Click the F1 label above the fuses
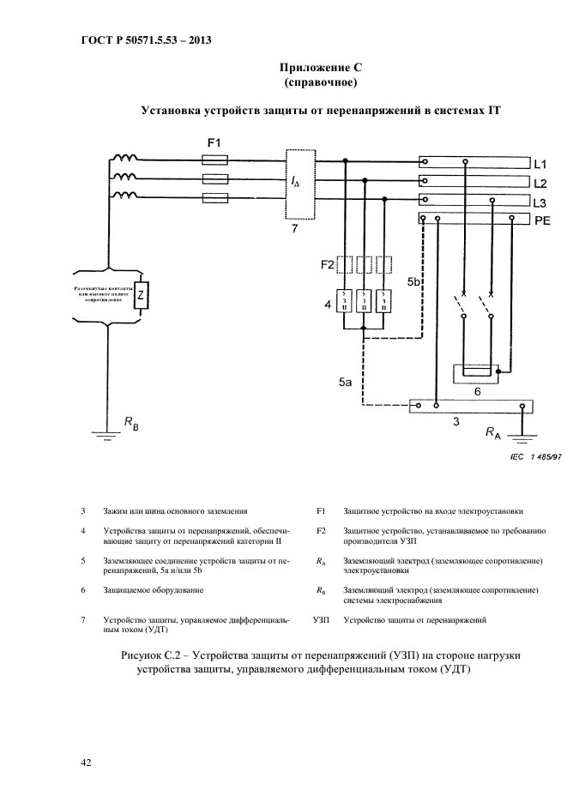pyautogui.click(x=214, y=142)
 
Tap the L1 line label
pyautogui.click(x=540, y=163)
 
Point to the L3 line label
pyautogui.click(x=540, y=203)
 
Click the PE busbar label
pyautogui.click(x=542, y=221)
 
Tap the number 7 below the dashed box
pyautogui.click(x=295, y=230)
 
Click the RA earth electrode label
pyautogui.click(x=493, y=434)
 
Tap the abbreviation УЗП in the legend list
pyautogui.click(x=322, y=618)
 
